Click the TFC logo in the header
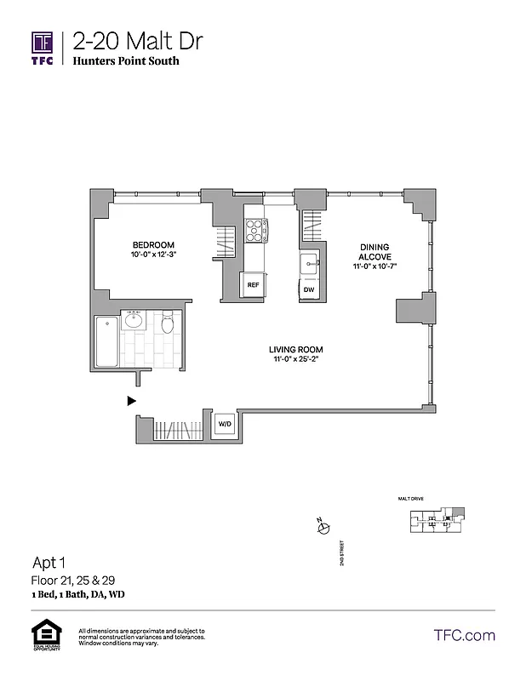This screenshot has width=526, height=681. tap(43, 47)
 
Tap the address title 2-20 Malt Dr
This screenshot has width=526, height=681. tap(138, 40)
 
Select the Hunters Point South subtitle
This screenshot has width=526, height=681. tap(126, 61)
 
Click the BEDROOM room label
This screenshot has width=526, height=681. tap(152, 243)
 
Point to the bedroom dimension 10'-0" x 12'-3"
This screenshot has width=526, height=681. tap(152, 255)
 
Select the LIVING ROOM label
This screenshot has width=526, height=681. tap(295, 350)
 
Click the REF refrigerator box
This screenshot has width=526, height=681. tap(253, 285)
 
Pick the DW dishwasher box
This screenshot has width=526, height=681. tap(309, 289)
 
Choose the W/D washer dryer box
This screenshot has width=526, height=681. tap(225, 423)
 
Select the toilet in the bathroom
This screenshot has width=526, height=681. tap(168, 323)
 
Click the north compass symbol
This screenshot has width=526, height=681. tap(323, 529)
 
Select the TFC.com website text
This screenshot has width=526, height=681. tap(464, 635)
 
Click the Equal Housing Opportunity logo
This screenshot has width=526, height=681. tap(43, 635)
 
